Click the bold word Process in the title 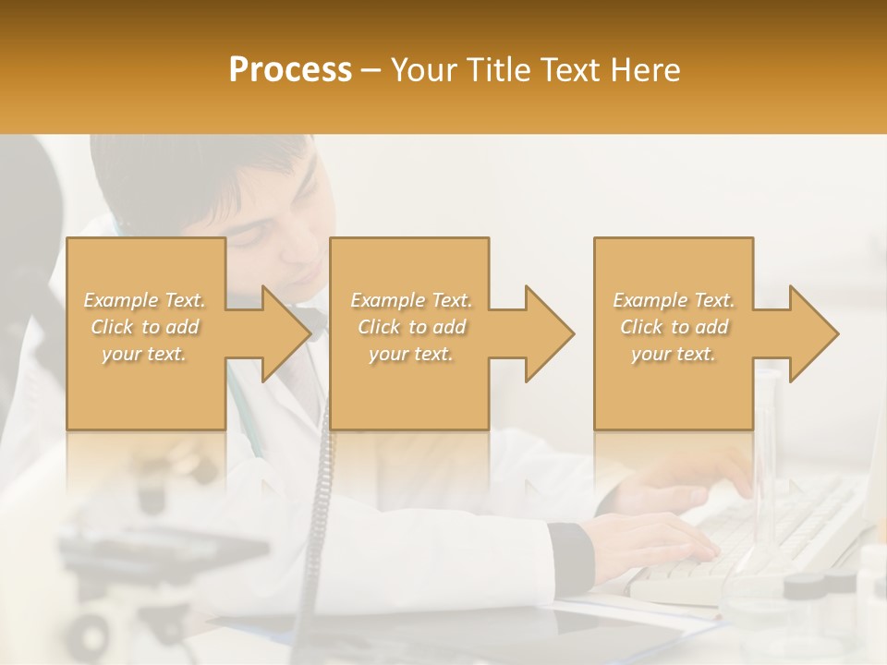click(290, 70)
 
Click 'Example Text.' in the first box click(144, 300)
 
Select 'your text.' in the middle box click(411, 354)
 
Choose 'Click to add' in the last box click(674, 327)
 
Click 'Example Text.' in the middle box click(411, 300)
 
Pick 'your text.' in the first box click(144, 354)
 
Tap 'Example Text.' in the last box click(674, 300)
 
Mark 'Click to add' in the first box click(144, 327)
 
